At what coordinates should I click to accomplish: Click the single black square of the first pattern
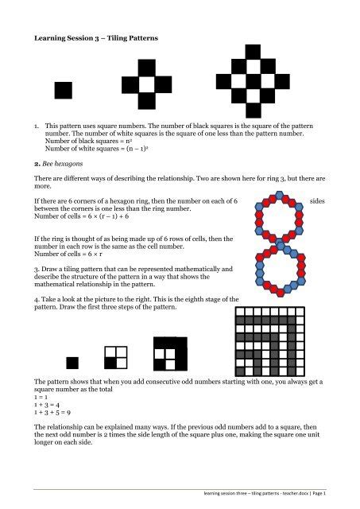62,90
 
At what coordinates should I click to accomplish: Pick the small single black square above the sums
72,363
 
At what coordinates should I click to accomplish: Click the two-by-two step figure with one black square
116,358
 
